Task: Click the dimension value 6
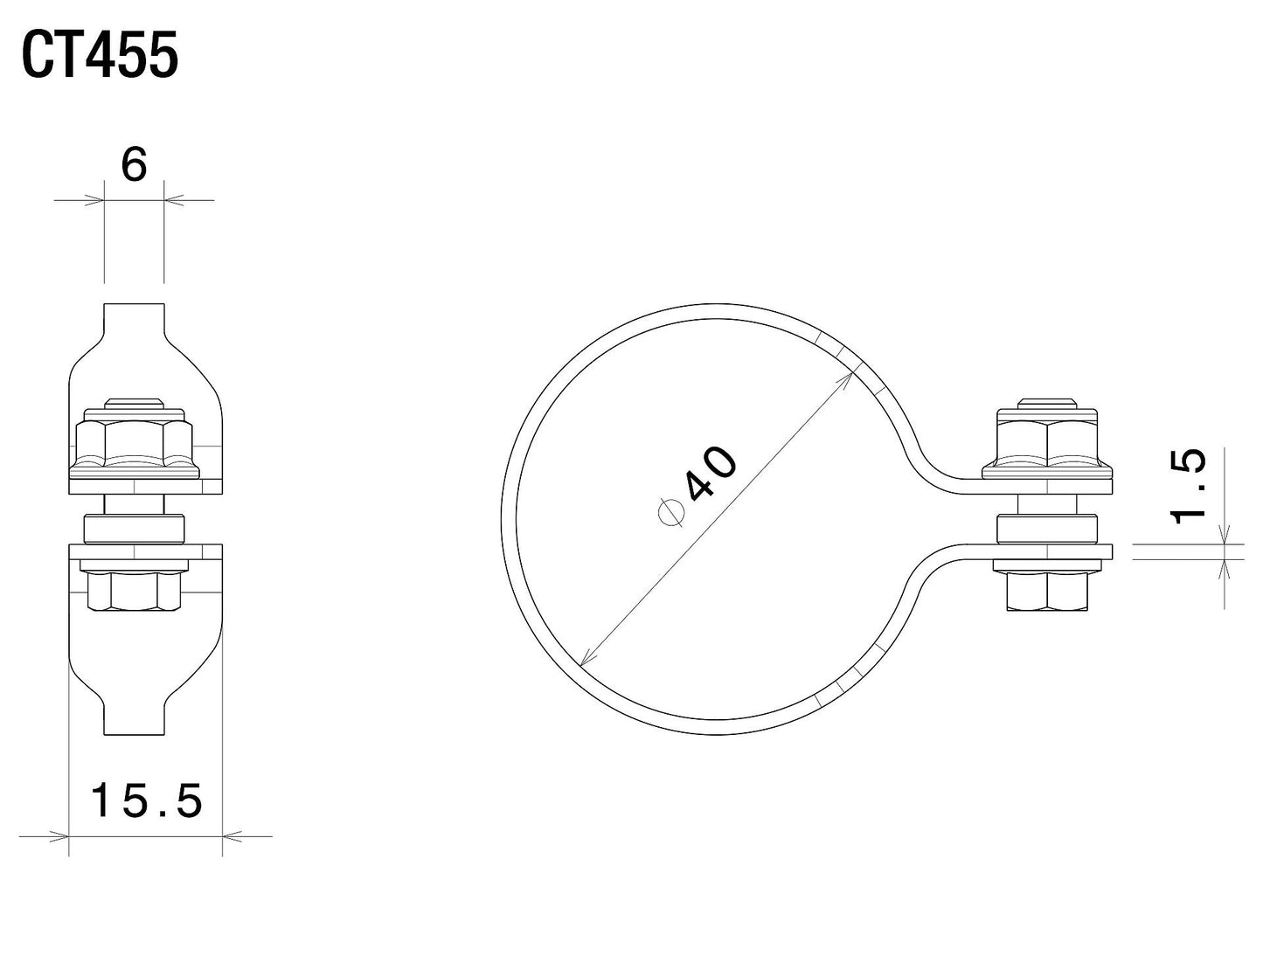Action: click(134, 165)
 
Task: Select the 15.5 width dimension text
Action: click(147, 800)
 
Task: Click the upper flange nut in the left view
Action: click(133, 443)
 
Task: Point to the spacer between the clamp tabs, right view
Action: click(1047, 529)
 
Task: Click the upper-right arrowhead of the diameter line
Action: click(847, 378)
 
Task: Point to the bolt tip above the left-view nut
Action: click(134, 403)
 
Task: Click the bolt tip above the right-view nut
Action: click(1047, 403)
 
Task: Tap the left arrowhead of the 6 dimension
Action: click(95, 200)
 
